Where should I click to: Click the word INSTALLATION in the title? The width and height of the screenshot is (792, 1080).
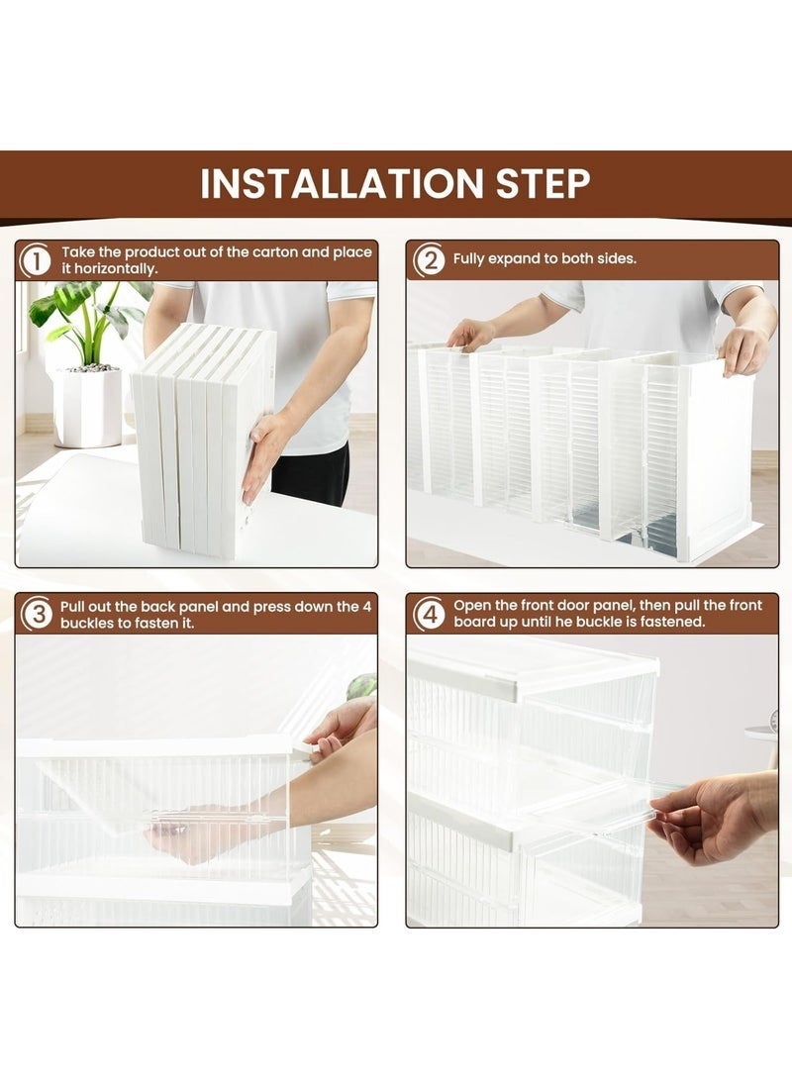click(x=343, y=183)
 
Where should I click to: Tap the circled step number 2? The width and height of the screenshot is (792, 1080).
click(x=430, y=260)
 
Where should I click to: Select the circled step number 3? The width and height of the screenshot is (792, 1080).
click(x=37, y=614)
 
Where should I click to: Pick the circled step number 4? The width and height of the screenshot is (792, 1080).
click(x=430, y=613)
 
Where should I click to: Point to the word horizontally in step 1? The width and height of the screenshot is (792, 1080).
click(x=115, y=268)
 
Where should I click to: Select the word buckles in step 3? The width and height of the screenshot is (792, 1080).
click(x=86, y=624)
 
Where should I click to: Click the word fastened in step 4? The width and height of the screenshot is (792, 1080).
click(x=672, y=622)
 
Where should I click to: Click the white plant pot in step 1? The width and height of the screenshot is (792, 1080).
click(x=89, y=407)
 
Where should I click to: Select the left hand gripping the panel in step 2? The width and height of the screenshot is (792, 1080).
click(x=471, y=334)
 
